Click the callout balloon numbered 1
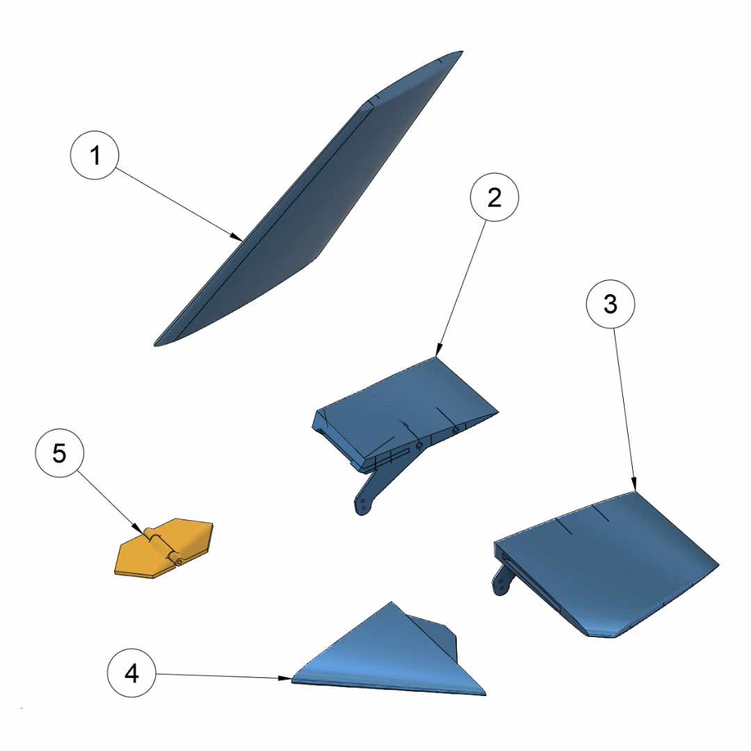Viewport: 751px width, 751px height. (95, 155)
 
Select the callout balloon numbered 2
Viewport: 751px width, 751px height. (494, 197)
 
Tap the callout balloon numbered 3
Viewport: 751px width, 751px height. (611, 304)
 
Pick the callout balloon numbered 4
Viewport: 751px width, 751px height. (131, 673)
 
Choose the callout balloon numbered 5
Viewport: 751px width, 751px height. (59, 453)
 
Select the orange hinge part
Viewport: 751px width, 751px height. (164, 548)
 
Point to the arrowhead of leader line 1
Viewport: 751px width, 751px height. (236, 237)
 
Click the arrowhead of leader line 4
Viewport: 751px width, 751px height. (284, 678)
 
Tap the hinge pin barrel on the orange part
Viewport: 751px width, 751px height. (163, 547)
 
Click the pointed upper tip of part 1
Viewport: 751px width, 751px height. (462, 51)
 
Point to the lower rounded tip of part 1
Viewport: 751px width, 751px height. (156, 344)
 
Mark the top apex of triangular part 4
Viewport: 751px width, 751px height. (391, 602)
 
